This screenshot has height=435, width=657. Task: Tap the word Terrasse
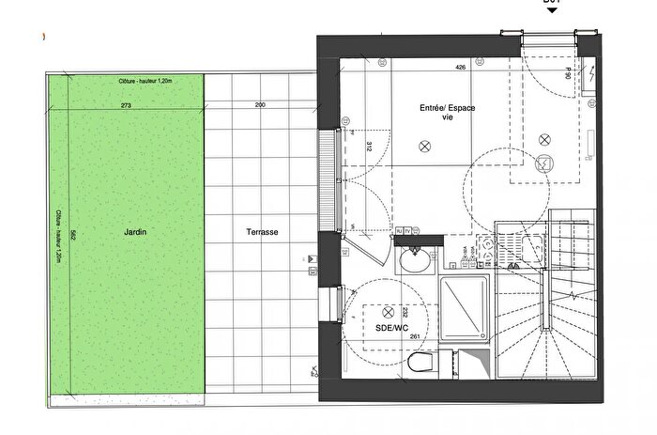(x=257, y=231)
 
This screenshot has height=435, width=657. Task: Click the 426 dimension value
(x=460, y=68)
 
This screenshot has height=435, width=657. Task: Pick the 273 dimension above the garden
(x=127, y=106)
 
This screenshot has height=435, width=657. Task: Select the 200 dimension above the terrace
(x=259, y=106)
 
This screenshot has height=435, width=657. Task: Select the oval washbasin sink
(x=413, y=259)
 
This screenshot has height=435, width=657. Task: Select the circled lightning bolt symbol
(x=542, y=163)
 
